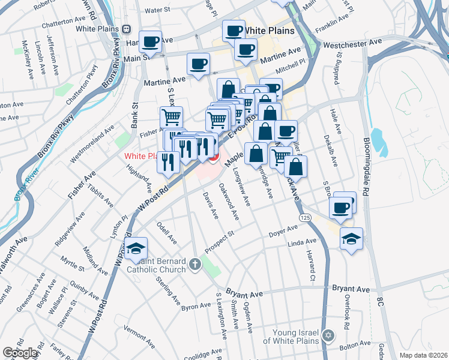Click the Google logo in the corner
[20, 353]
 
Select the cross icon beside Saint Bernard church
[195, 264]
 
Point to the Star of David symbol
[328, 335]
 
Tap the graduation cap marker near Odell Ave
[137, 248]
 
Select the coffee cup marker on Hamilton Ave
[151, 42]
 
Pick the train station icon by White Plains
[126, 29]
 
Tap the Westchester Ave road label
[352, 44]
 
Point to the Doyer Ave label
[283, 232]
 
